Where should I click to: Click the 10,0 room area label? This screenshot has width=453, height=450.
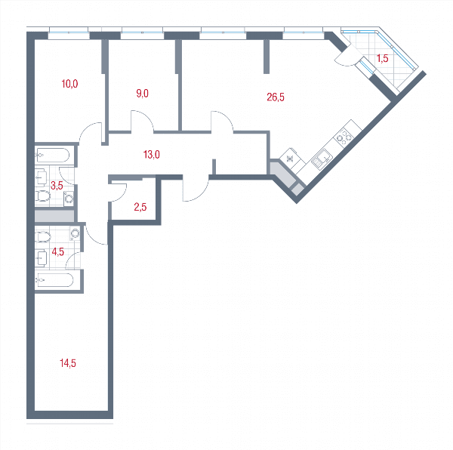[69, 84]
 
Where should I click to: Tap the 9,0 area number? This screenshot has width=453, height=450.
[142, 94]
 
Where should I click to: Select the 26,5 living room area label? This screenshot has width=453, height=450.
[276, 97]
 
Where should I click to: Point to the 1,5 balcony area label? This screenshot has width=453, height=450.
[382, 59]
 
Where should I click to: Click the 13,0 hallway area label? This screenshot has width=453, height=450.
[152, 155]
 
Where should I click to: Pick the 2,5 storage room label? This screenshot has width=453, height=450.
[140, 207]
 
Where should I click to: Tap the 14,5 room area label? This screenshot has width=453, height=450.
[68, 363]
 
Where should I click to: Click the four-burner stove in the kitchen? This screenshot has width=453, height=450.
[344, 136]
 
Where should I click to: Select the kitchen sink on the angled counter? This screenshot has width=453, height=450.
[322, 159]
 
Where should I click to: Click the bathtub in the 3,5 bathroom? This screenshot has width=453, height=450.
[52, 156]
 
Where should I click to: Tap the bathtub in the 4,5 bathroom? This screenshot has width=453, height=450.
[54, 280]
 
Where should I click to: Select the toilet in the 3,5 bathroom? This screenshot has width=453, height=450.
[42, 196]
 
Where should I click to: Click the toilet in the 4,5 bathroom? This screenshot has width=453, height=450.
[43, 237]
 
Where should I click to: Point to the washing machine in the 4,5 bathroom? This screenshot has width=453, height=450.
[75, 233]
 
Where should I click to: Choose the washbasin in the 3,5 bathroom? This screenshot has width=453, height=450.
[41, 177]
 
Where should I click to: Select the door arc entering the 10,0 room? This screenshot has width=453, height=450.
[89, 131]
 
